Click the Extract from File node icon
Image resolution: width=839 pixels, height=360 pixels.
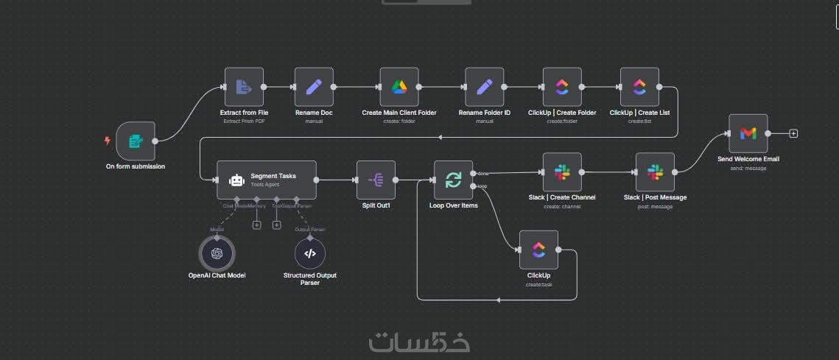tap(244, 87)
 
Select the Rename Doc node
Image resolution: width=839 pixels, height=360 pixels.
tap(314, 87)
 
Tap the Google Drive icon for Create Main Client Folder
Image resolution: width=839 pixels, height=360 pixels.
tap(399, 87)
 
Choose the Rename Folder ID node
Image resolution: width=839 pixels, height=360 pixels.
tap(485, 87)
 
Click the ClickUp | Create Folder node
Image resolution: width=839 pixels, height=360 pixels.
tap(562, 87)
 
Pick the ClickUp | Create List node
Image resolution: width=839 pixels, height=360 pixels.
tap(639, 87)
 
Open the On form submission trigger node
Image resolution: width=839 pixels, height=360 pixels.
tap(136, 141)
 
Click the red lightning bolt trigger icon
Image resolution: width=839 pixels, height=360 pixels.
tap(108, 141)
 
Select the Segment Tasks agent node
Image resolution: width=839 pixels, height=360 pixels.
tap(267, 180)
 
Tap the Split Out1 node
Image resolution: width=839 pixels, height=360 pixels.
tap(376, 180)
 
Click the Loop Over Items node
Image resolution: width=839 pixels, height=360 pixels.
tap(453, 180)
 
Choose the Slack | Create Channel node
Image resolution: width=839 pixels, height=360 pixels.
tap(562, 172)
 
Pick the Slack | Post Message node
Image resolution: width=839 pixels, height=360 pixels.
tap(655, 172)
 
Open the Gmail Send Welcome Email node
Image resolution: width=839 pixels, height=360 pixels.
tap(748, 133)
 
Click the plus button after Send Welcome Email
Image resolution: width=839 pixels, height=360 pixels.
tap(793, 133)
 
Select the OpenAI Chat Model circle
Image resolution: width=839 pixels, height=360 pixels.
tap(217, 253)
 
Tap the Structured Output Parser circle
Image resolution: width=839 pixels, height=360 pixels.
tap(310, 253)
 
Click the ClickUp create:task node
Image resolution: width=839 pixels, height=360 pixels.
tap(538, 250)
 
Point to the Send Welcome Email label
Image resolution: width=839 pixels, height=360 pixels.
tap(748, 159)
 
